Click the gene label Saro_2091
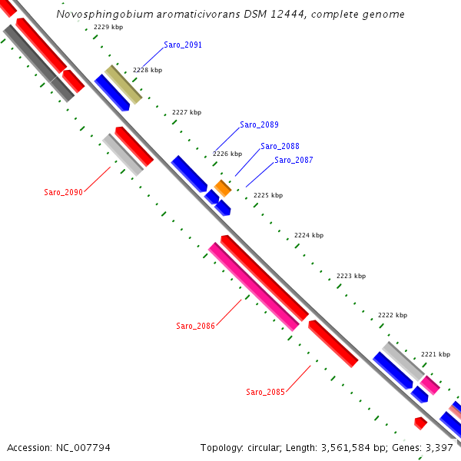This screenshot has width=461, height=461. coord(183,45)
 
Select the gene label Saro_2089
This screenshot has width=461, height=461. coord(259,124)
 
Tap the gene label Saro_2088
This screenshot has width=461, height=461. coord(280,146)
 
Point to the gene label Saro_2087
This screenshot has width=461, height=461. coord(294,160)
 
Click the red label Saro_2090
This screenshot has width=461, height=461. coord(63,192)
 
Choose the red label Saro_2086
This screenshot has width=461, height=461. coord(195,326)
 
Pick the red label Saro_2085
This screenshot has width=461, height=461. coord(265,392)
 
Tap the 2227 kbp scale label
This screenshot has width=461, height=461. coord(186,112)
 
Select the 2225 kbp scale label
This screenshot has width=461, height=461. coord(268,195)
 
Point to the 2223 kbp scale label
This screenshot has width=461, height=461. coord(351,276)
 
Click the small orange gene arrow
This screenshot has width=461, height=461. coord(223,187)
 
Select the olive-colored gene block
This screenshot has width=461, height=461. coord(123,85)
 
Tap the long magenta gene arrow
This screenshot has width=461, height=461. coord(254,287)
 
